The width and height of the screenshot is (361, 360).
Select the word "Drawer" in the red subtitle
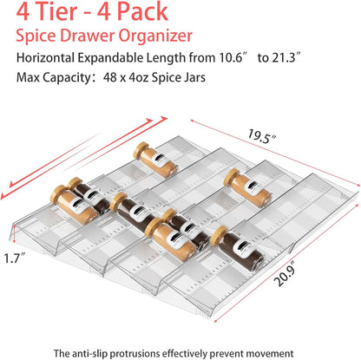coord(96,39)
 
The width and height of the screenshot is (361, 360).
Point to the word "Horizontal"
coord(53,61)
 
